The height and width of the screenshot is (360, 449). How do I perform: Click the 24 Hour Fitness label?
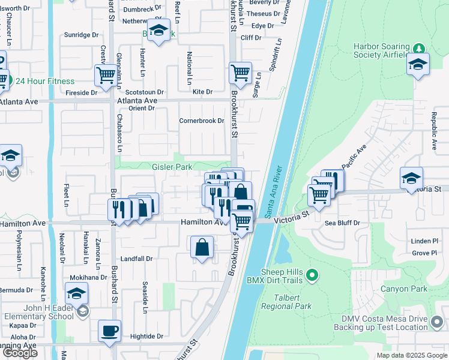pos(45,82)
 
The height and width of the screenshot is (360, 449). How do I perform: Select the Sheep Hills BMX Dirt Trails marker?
pos(311,276)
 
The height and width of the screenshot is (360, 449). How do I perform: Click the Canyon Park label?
pos(404,289)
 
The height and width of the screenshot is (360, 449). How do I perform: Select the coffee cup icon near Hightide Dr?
pos(109,331)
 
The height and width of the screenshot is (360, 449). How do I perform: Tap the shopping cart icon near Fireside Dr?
pos(106,76)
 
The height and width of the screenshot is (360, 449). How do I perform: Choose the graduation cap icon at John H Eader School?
pos(77,293)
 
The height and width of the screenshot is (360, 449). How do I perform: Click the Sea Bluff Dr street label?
pos(342,223)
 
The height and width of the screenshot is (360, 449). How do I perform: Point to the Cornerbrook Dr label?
pos(202,121)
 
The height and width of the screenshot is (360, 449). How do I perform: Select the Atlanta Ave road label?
pos(19,102)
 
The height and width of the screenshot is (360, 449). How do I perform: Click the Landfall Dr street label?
pos(137,259)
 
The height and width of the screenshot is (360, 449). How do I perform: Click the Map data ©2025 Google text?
pos(411,355)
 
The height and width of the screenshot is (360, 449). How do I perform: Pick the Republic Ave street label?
pos(433,130)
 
